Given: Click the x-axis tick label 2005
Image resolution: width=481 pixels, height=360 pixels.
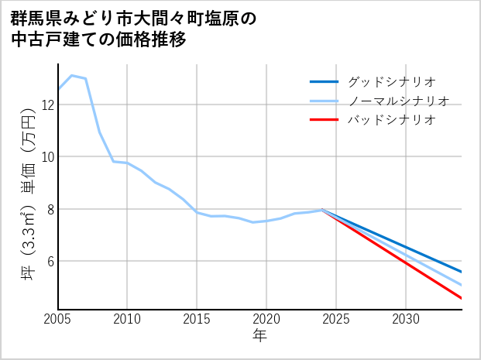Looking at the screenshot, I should pyautogui.click(x=58, y=319).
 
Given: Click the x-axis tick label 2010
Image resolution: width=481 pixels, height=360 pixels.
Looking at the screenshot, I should pyautogui.click(x=127, y=319).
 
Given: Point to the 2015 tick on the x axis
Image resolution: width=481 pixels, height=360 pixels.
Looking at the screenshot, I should pyautogui.click(x=197, y=319).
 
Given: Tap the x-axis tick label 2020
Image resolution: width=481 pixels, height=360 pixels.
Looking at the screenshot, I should pyautogui.click(x=266, y=319).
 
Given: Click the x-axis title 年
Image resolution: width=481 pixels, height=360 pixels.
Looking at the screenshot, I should pyautogui.click(x=259, y=336).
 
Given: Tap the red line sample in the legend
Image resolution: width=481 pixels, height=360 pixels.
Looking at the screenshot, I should pyautogui.click(x=324, y=120).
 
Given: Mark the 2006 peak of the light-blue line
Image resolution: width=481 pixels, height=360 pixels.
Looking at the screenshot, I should pyautogui.click(x=72, y=75).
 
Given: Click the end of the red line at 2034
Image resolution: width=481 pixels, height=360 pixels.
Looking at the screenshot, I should pyautogui.click(x=462, y=298).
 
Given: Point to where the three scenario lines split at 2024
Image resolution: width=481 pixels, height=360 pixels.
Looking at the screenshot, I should pyautogui.click(x=322, y=210).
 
